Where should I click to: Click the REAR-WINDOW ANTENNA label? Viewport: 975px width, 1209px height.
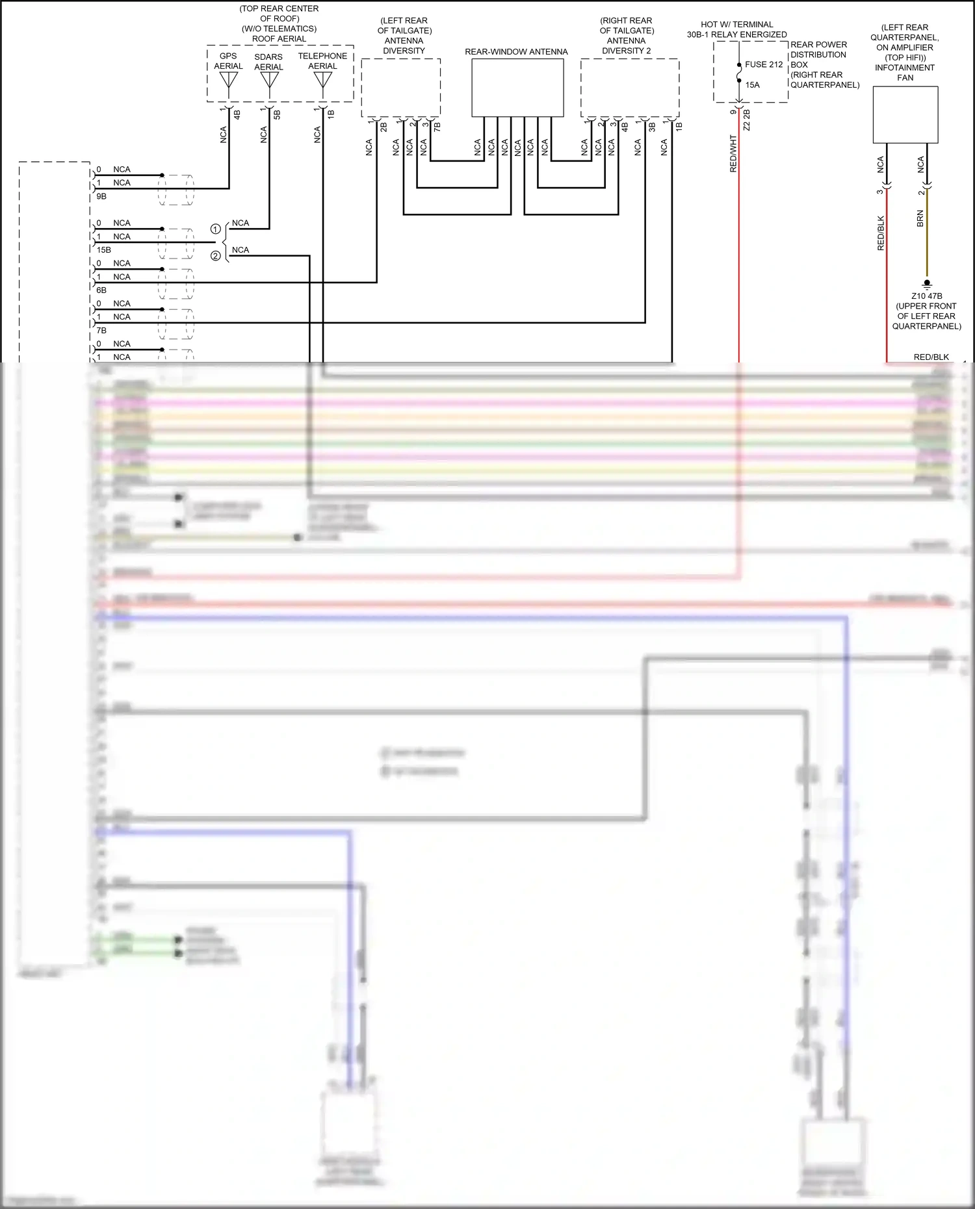(x=516, y=52)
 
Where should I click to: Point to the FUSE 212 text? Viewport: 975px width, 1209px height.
(x=764, y=64)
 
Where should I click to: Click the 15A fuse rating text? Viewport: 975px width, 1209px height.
(x=752, y=85)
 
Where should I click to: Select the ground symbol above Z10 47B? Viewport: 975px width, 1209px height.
(x=927, y=283)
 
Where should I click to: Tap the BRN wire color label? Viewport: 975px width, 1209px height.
(x=920, y=218)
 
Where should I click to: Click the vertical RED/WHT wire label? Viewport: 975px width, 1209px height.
(x=733, y=154)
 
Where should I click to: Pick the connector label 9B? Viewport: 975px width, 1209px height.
(x=101, y=196)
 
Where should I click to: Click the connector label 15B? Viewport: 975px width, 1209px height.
(x=103, y=249)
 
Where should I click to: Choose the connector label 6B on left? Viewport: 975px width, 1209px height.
(x=101, y=290)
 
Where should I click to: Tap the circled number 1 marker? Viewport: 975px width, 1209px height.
(x=215, y=229)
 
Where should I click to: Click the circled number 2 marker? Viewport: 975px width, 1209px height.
(x=215, y=256)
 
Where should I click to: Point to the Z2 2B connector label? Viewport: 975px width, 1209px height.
(x=747, y=120)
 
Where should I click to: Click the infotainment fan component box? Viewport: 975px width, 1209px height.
(x=905, y=114)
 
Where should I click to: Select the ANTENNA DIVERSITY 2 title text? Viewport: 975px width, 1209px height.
(x=626, y=45)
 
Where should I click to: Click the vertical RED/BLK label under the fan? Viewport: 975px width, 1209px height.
(x=881, y=233)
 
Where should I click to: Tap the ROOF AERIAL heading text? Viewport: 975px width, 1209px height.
(x=279, y=39)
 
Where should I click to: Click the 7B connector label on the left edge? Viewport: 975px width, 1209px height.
(x=101, y=331)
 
